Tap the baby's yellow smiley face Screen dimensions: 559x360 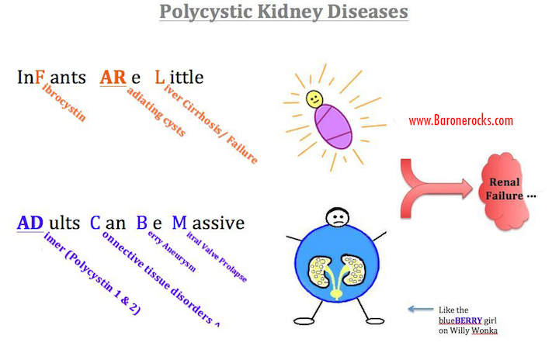coord(314,99)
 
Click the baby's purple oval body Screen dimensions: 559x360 coord(333,126)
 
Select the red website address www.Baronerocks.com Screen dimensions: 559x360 coord(460,120)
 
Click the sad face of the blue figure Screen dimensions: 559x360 coord(337,217)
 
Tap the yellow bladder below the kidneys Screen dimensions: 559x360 coord(335,294)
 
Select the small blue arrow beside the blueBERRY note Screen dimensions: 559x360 coord(421,309)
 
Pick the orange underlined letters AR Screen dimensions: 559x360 coord(113,78)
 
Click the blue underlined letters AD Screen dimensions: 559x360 coord(30,223)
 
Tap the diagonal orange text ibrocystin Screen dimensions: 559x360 coord(64,102)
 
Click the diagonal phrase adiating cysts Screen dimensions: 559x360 coord(156,112)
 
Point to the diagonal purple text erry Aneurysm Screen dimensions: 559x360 coord(172,251)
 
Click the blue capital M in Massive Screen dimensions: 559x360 coord(179,223)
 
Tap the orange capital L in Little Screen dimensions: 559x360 coord(160,78)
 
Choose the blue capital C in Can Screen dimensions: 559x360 coord(95,223)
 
